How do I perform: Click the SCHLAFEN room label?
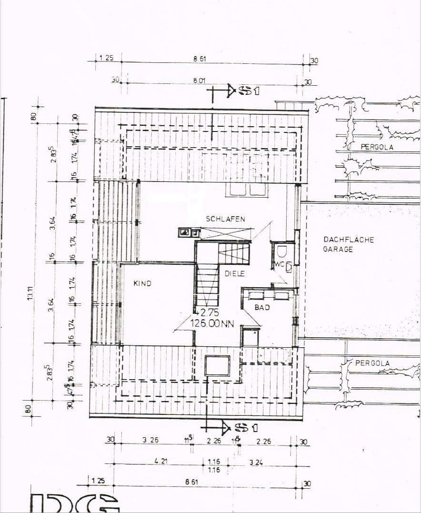click(x=225, y=219)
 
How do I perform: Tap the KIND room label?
click(x=142, y=283)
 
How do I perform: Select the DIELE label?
click(x=234, y=274)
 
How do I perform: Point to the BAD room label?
click(x=262, y=308)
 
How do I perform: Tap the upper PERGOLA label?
click(x=377, y=147)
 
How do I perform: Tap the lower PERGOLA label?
click(x=372, y=363)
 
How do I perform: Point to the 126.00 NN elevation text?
click(x=212, y=323)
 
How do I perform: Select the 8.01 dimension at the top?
click(x=199, y=81)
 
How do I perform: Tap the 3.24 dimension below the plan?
click(x=256, y=462)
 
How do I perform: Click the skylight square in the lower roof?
click(x=217, y=366)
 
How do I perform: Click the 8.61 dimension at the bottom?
click(x=191, y=482)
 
